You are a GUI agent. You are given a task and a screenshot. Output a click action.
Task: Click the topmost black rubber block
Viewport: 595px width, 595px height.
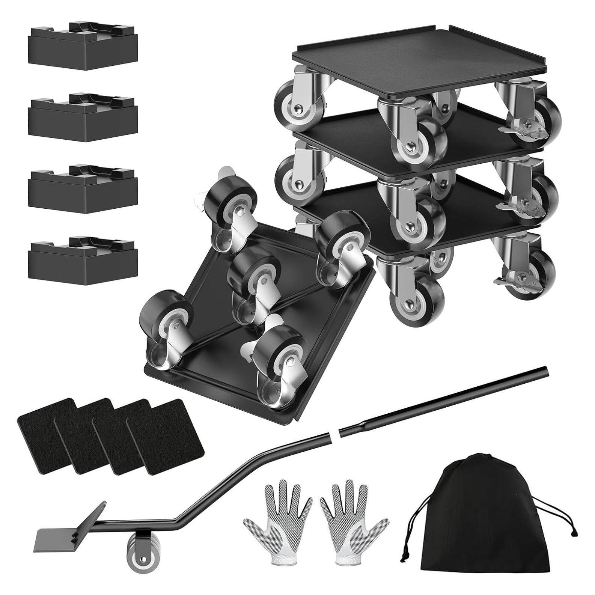[x=83, y=49]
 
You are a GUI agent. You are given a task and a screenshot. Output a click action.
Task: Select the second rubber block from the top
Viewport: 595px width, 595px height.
[x=83, y=118]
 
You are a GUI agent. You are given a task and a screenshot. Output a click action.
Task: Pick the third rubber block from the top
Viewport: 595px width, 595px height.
[x=83, y=190]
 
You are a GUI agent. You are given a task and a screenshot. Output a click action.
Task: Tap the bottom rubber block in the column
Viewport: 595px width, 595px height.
[x=83, y=261]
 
